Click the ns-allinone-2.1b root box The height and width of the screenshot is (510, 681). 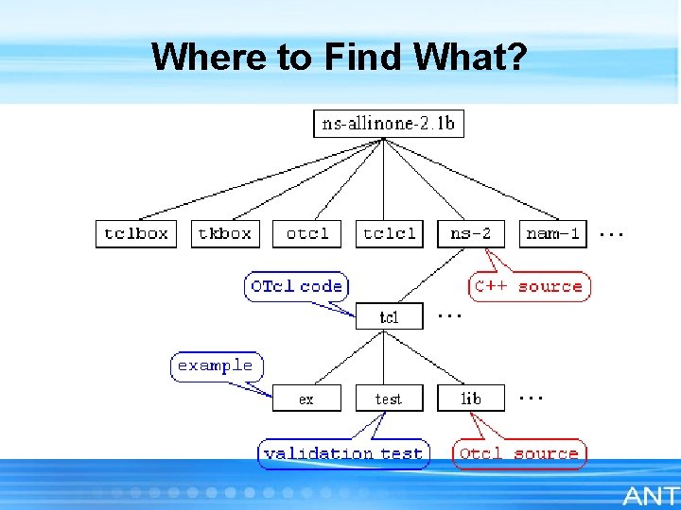pyautogui.click(x=389, y=123)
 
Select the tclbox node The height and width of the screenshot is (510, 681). pyautogui.click(x=136, y=233)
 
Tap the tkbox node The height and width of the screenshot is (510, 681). pyautogui.click(x=224, y=233)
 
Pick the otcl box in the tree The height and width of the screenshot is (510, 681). pyautogui.click(x=306, y=233)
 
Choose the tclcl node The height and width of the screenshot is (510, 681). pyautogui.click(x=389, y=233)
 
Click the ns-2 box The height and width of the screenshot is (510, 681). pyautogui.click(x=471, y=233)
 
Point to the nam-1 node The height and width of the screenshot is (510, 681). pyautogui.click(x=553, y=233)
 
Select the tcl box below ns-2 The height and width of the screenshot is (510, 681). pyautogui.click(x=389, y=316)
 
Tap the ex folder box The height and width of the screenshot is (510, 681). pyautogui.click(x=306, y=399)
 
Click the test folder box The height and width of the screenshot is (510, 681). pyautogui.click(x=389, y=399)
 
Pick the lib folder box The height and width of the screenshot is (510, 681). pyautogui.click(x=471, y=399)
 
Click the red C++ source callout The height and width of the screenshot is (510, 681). pyautogui.click(x=529, y=286)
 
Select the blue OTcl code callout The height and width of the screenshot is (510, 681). pyautogui.click(x=297, y=286)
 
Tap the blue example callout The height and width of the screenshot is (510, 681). pyautogui.click(x=216, y=365)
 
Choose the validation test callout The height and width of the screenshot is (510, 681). pyautogui.click(x=343, y=453)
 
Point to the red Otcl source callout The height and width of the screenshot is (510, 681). pyautogui.click(x=518, y=453)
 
